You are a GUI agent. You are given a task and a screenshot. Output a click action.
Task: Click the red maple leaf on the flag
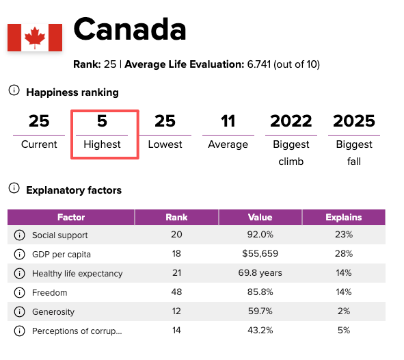[35, 38]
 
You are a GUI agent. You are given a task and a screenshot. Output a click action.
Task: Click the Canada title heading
[130, 29]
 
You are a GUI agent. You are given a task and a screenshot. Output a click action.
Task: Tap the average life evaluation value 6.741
[259, 64]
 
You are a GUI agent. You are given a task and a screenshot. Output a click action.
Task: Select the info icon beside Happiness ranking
[14, 90]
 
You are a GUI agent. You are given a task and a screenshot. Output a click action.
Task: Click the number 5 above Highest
[102, 121]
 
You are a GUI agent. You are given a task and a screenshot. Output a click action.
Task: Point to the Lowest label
[165, 144]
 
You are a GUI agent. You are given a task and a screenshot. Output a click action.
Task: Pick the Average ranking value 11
[228, 121]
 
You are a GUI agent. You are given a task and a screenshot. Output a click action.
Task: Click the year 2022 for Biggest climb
[291, 121]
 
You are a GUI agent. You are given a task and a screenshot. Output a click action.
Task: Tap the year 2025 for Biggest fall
[354, 121]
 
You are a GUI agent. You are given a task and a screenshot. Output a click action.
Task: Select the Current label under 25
[39, 144]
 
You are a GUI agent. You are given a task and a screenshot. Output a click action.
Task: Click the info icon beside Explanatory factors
[14, 188]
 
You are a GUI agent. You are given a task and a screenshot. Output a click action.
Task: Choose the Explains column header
[344, 217]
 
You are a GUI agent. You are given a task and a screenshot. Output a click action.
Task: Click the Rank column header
[176, 217]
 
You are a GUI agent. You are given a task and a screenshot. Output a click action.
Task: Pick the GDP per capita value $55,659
[260, 253]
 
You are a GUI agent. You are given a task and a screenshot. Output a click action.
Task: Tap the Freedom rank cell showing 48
[176, 292]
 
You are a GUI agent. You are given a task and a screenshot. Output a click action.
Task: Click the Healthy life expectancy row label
[77, 273]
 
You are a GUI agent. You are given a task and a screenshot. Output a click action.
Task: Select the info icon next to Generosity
[19, 312]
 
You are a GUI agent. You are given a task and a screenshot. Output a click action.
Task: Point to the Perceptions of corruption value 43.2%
[260, 331]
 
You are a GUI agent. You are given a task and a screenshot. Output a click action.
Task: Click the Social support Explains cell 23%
[344, 235]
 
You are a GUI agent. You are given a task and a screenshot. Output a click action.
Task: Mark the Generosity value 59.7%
[260, 311]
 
